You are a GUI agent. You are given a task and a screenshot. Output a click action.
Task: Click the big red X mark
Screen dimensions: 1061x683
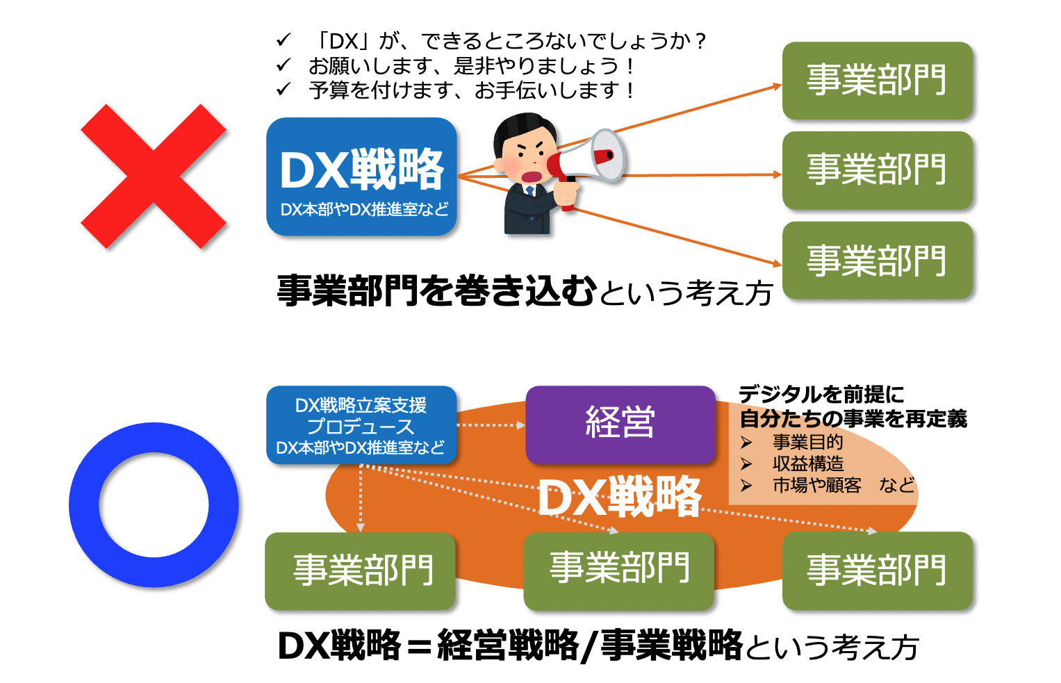(154, 176)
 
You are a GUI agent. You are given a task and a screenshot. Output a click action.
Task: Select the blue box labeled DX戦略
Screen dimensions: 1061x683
(361, 176)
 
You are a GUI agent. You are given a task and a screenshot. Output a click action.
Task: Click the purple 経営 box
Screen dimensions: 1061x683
(620, 425)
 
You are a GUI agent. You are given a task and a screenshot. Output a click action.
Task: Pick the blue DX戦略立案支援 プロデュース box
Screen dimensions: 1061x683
(361, 425)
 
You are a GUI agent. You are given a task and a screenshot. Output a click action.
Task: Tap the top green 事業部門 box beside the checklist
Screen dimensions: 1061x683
(878, 80)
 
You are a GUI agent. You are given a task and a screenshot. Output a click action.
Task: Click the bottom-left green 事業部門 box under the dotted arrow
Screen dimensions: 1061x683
(361, 570)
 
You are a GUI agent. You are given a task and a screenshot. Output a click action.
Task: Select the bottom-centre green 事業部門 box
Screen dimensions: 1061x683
(618, 570)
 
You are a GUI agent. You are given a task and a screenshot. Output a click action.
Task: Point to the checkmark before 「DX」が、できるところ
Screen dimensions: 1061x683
(283, 40)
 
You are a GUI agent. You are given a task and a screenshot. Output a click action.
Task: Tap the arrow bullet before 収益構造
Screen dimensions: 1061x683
(746, 463)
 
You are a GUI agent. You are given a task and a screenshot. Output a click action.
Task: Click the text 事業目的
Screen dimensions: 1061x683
(808, 442)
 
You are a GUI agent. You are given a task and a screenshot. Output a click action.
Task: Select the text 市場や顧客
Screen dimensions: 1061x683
(817, 485)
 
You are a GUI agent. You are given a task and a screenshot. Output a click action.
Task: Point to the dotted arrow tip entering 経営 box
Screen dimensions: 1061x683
(525, 425)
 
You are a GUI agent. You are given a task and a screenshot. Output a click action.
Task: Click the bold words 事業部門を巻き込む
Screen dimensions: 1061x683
(437, 290)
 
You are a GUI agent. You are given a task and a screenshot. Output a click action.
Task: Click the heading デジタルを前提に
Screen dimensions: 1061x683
(821, 394)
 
